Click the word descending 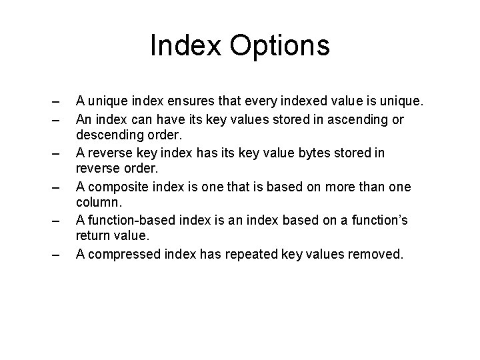[110, 135]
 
